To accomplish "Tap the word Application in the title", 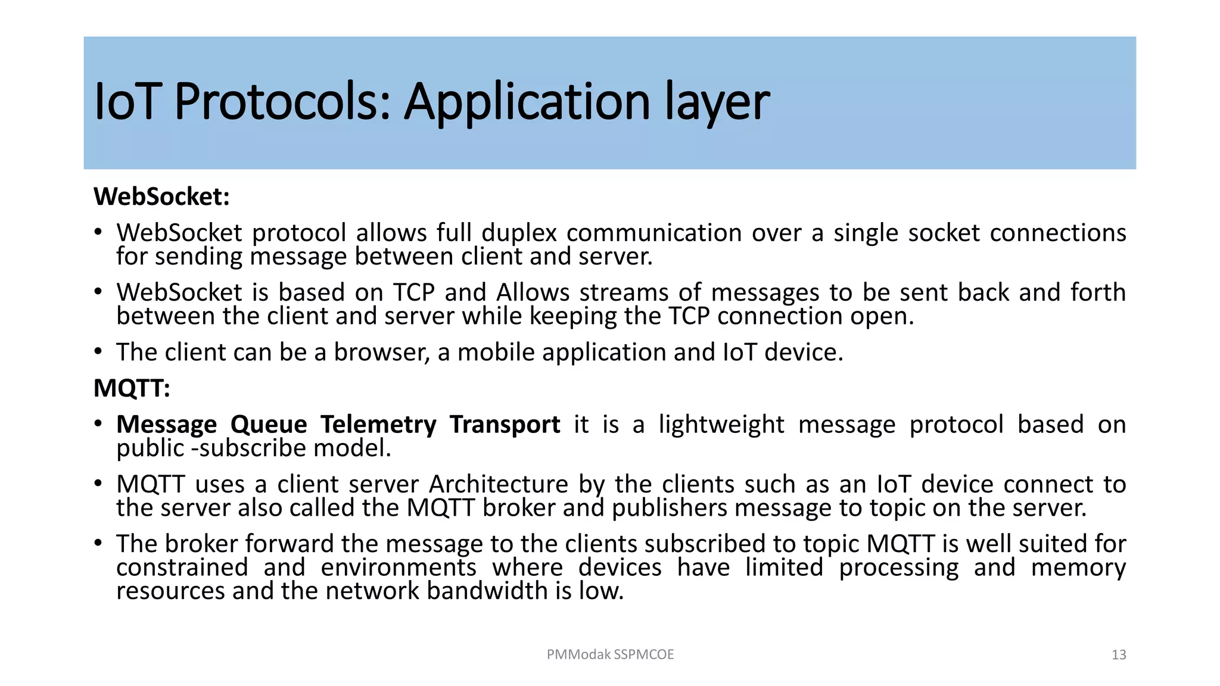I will pos(527,102).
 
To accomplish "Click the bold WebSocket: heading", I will pos(161,197).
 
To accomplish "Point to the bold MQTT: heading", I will pos(132,388).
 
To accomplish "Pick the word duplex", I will pos(519,233).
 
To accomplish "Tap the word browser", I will pos(381,353).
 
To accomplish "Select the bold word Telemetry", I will pos(378,425).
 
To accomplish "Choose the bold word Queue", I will pos(269,425).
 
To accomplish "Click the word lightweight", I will pos(721,425).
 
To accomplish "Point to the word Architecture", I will pos(499,484).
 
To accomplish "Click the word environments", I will pos(399,567).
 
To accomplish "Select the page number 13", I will pos(1119,655).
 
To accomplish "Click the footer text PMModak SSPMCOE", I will pos(610,654).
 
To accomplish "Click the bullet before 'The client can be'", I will pos(98,351).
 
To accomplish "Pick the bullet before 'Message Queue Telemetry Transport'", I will pos(98,423).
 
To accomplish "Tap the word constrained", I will pos(182,567).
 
